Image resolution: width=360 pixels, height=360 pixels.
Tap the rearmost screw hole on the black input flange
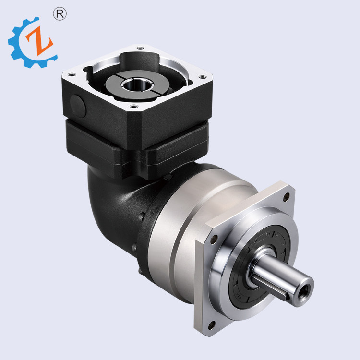pyautogui.click(x=140, y=48)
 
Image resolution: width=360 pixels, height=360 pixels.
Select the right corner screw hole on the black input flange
pyautogui.click(x=204, y=75)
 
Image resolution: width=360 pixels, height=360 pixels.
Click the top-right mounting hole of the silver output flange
pyautogui.click(x=287, y=196)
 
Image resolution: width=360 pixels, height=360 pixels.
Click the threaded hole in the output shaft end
pyautogui.click(x=303, y=289)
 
